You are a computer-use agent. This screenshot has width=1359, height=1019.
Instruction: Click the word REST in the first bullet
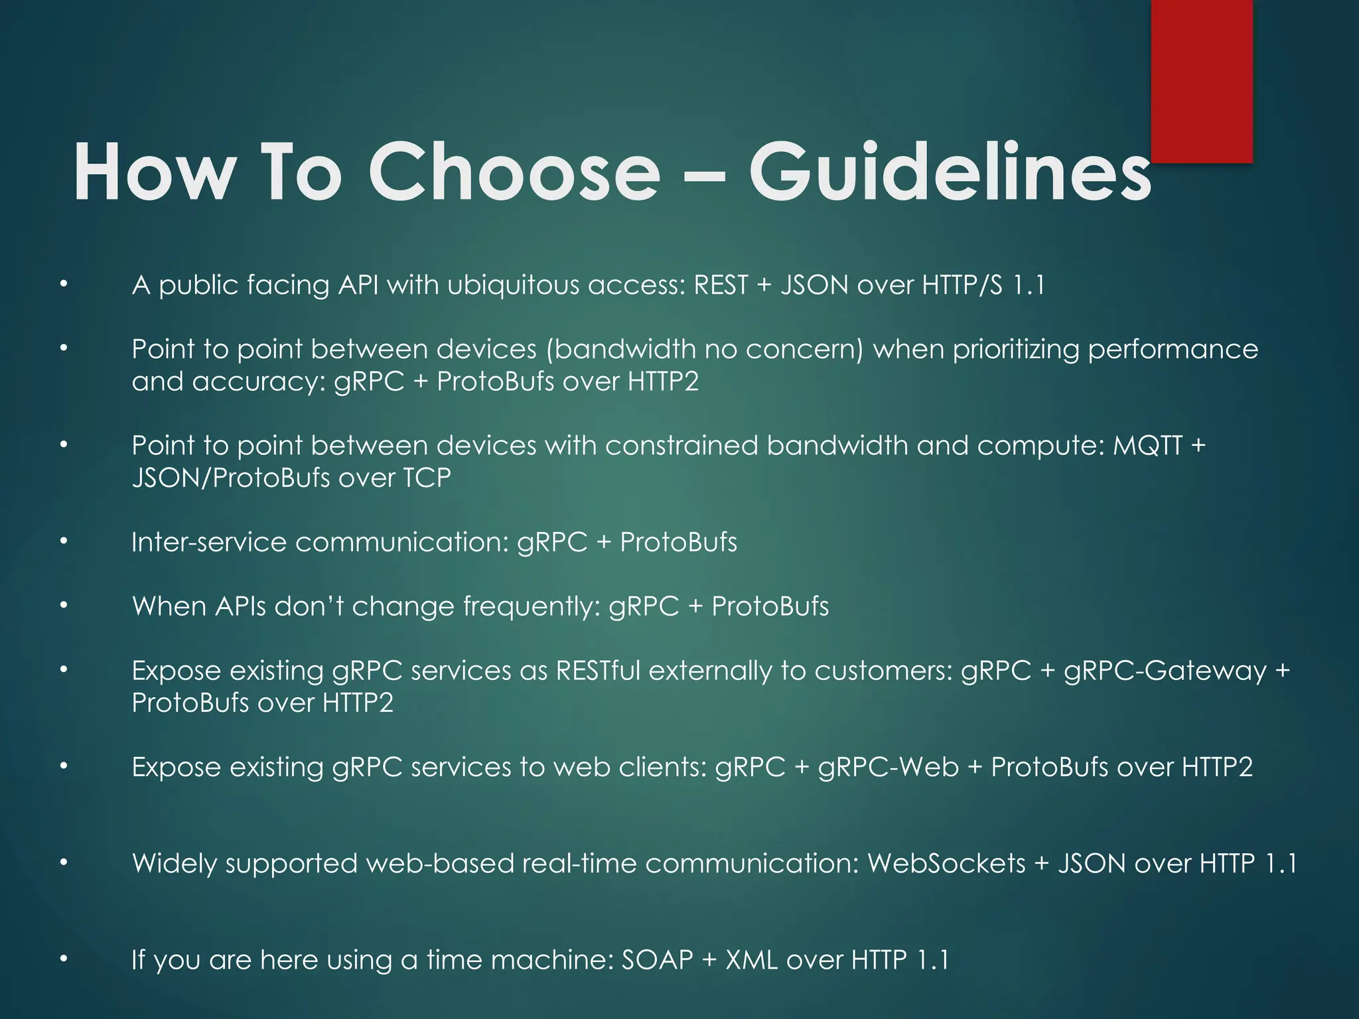720,285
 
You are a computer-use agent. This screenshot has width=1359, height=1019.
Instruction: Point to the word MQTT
1147,446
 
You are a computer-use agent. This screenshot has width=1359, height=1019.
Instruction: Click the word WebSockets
946,864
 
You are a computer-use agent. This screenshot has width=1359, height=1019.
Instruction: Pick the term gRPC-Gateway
1165,671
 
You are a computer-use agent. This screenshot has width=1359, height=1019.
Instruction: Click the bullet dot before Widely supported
64,863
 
